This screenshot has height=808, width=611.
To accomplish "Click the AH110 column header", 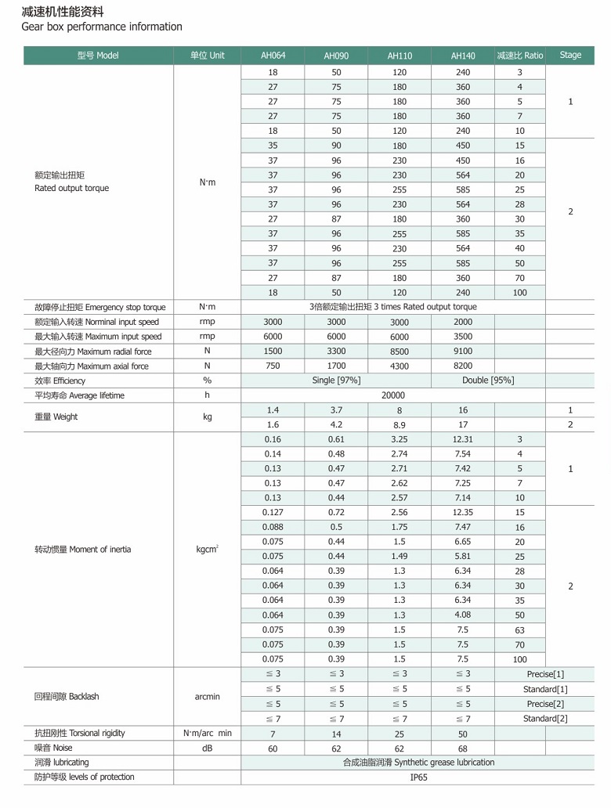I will tap(399, 56).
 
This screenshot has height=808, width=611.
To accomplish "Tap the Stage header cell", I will tap(570, 55).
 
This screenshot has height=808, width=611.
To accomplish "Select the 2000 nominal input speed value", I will tap(463, 322).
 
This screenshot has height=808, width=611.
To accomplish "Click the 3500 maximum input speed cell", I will tap(463, 337).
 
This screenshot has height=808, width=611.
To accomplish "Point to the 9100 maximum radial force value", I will tap(463, 352).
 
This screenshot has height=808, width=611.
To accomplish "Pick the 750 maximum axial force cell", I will tap(273, 366).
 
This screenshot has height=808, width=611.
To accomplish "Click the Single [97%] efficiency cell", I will tap(335, 381).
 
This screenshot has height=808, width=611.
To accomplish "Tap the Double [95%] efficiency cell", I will tap(490, 381).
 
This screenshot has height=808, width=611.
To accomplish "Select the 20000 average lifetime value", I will tap(392, 395).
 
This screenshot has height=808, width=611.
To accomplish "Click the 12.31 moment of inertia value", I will tap(463, 440).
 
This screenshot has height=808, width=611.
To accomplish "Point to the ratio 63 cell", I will tap(519, 630).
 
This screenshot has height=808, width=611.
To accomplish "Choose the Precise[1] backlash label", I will tap(545, 674).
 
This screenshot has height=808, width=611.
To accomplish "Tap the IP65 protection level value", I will tap(419, 777).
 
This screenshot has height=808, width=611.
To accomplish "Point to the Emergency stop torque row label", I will tap(99, 308).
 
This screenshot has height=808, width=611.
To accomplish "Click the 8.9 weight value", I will tap(399, 425).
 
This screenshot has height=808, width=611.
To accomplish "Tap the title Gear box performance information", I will tap(102, 27).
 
